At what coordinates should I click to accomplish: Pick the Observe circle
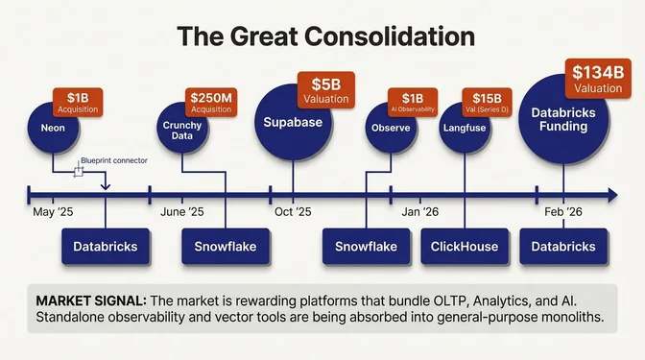pyautogui.click(x=385, y=128)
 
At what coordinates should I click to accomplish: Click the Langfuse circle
pyautogui.click(x=464, y=129)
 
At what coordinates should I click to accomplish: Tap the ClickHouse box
pyautogui.click(x=465, y=247)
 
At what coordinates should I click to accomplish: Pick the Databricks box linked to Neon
pyautogui.click(x=106, y=247)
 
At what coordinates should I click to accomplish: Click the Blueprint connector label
pyautogui.click(x=114, y=161)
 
